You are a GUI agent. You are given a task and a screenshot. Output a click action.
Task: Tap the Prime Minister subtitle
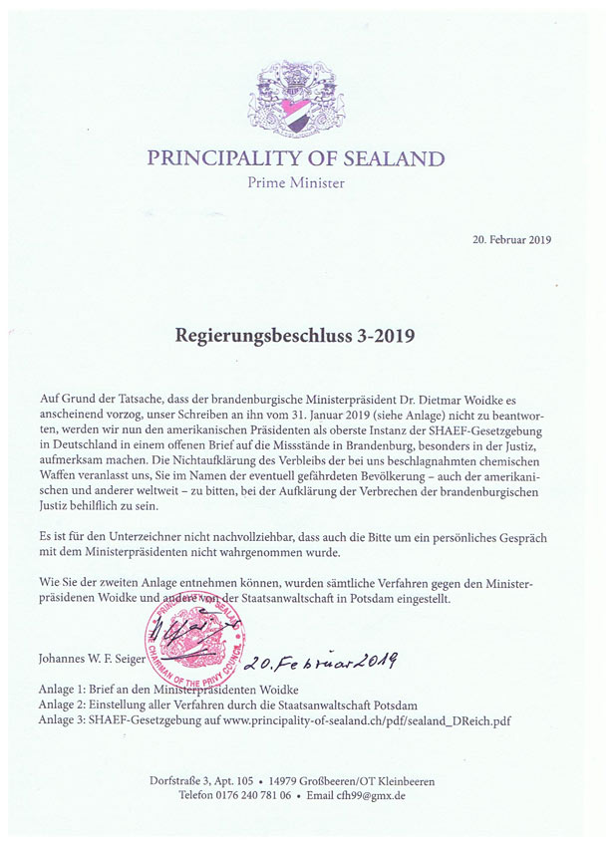(x=296, y=183)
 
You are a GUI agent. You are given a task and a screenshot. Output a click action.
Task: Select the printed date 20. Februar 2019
(x=511, y=240)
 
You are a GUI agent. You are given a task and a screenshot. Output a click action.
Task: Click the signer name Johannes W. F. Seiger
(x=88, y=658)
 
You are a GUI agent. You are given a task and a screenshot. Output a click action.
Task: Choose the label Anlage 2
(x=60, y=705)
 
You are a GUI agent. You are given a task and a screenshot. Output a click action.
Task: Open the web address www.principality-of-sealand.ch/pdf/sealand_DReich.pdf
(x=383, y=718)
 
